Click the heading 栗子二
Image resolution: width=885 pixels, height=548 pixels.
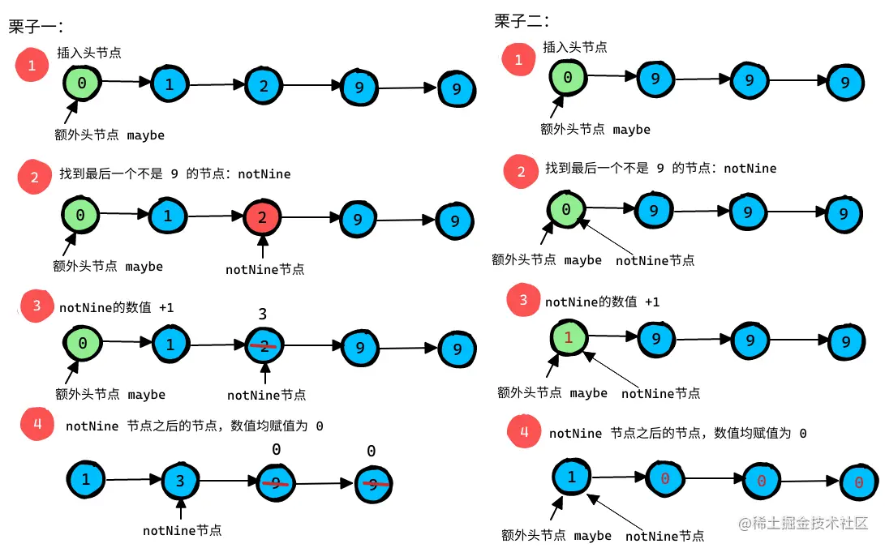coord(522,21)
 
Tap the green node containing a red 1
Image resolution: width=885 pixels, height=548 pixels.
coord(569,336)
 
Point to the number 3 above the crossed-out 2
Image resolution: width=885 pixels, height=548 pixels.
coord(262,314)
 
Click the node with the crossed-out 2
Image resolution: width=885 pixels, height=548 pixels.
coord(265,345)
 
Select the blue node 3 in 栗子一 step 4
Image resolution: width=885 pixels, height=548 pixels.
coord(180,481)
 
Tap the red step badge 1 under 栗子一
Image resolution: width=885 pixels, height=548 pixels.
coord(32,66)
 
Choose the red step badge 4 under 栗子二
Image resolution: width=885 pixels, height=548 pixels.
coord(524,432)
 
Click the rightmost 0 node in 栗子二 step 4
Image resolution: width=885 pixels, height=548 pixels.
coord(859,482)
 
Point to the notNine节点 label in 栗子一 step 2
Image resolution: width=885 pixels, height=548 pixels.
coord(265,269)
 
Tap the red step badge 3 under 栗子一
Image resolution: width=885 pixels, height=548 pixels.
coord(37,306)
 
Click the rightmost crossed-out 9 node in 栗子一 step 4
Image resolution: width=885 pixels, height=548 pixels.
coord(372,485)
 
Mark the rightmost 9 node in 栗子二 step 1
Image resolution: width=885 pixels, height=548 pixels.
coord(845,82)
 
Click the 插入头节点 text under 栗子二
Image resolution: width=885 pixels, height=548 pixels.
coord(574,47)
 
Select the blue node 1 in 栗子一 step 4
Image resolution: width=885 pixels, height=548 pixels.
coord(85,479)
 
